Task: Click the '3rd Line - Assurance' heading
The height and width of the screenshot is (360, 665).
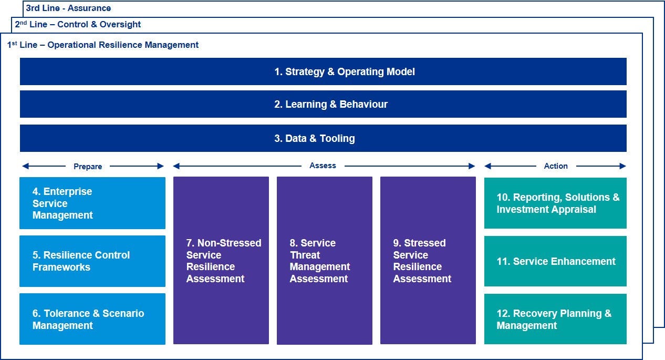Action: coord(68,8)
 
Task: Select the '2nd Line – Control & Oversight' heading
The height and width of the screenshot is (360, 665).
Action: coord(78,24)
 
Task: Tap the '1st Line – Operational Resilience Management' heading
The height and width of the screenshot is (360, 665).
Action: coord(103,45)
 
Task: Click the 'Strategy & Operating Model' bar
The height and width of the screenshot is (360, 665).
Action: coord(323,71)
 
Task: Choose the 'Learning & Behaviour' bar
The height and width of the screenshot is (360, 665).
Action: coord(323,104)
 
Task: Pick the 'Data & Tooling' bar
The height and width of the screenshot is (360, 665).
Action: coord(323,138)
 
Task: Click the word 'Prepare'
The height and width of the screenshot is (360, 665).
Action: coord(88,167)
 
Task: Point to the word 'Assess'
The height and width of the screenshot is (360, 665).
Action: coord(323,166)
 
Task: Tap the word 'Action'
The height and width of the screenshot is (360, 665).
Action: coord(556,166)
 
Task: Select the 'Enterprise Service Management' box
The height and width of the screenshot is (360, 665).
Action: coord(92,203)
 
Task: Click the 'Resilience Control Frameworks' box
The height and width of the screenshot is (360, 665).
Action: coord(92,261)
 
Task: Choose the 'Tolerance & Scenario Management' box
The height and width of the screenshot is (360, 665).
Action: coord(92,319)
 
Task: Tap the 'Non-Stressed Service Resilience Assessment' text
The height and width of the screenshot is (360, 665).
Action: coord(224,261)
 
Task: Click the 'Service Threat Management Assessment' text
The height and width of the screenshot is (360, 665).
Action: coord(320,261)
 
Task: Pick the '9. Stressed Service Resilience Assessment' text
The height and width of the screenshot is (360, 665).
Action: coord(422,261)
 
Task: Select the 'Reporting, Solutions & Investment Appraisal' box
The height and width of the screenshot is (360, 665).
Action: coord(555,203)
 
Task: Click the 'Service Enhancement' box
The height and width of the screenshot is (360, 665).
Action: coord(555,261)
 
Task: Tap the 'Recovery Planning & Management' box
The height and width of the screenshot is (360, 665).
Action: coord(555,319)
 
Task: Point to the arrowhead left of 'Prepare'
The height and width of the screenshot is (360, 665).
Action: coord(26,166)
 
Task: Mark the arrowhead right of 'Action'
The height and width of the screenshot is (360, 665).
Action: coord(623,166)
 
